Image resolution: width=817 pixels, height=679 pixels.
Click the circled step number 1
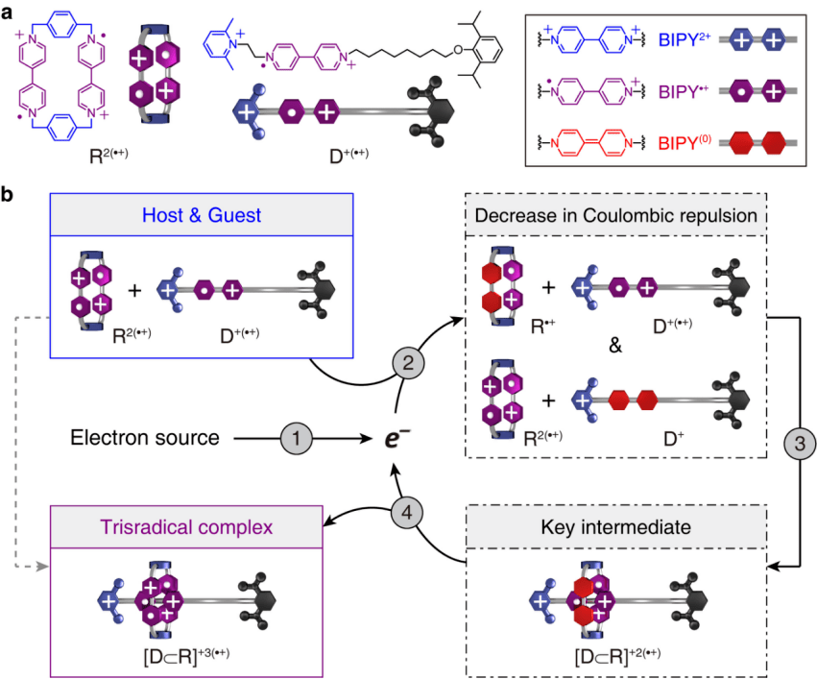[x=296, y=438]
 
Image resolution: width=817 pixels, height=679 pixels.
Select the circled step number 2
[x=408, y=363]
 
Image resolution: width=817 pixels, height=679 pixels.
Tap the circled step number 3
[x=800, y=444]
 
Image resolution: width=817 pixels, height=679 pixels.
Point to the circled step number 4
[x=407, y=513]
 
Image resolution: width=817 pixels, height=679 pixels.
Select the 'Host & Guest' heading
[x=202, y=215]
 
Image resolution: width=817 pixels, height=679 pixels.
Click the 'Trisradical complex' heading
[x=186, y=527]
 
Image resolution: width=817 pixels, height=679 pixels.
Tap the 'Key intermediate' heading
[x=616, y=527]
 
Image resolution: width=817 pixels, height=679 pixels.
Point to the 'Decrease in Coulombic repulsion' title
[x=616, y=215]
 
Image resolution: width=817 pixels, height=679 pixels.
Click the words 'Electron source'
[x=145, y=438]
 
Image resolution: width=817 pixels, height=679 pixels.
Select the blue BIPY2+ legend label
[x=685, y=39]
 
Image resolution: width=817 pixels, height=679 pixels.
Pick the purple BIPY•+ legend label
[x=684, y=91]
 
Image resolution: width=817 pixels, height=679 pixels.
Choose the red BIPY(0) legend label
[x=685, y=142]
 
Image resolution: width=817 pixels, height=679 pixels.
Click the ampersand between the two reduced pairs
[x=615, y=345]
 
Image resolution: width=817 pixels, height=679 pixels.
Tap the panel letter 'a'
[x=7, y=12]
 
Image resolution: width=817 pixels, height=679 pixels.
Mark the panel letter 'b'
[x=7, y=194]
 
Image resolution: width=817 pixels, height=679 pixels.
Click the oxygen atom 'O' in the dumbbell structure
[x=458, y=50]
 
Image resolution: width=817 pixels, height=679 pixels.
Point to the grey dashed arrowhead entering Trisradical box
[x=43, y=567]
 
